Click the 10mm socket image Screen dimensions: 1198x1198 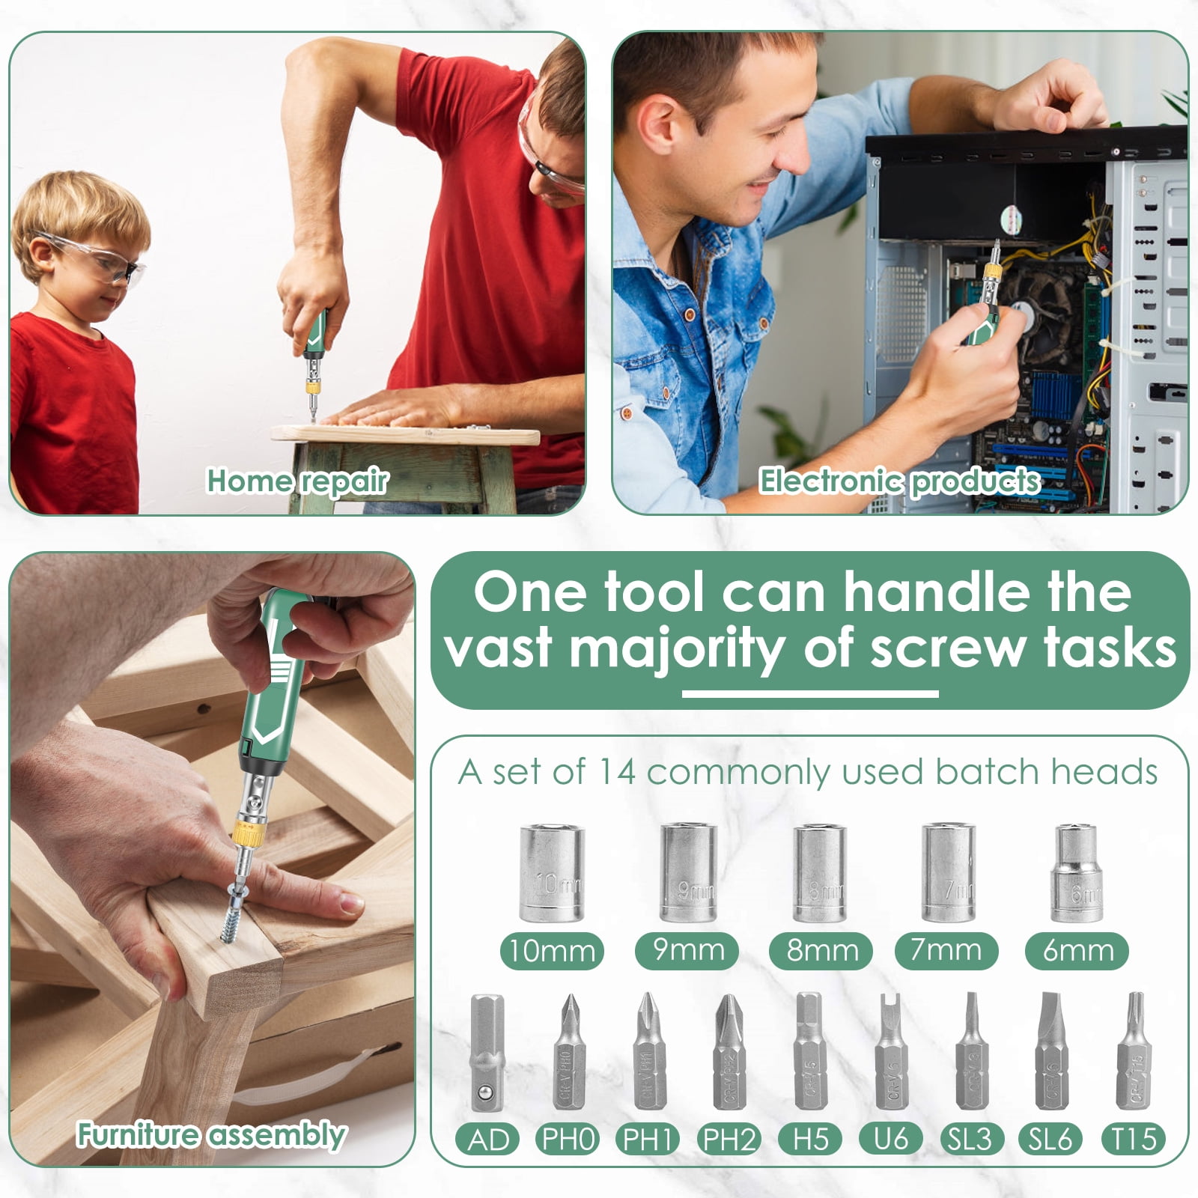pos(551,873)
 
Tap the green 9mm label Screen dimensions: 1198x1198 pos(687,951)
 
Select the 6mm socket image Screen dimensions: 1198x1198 pos(1077,873)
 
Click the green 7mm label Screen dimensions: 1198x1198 pos(946,951)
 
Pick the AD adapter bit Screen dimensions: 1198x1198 pos(487,1053)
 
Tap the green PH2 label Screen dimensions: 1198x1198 pos(729,1140)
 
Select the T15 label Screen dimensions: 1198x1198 pos(1134,1140)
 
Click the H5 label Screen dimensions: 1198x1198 pos(811,1140)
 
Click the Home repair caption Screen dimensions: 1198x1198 pos(297,481)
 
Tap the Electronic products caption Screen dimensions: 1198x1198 pos(900,481)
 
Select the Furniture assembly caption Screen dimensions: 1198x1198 pos(211,1135)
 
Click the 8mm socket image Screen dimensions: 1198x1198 pos(819,873)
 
